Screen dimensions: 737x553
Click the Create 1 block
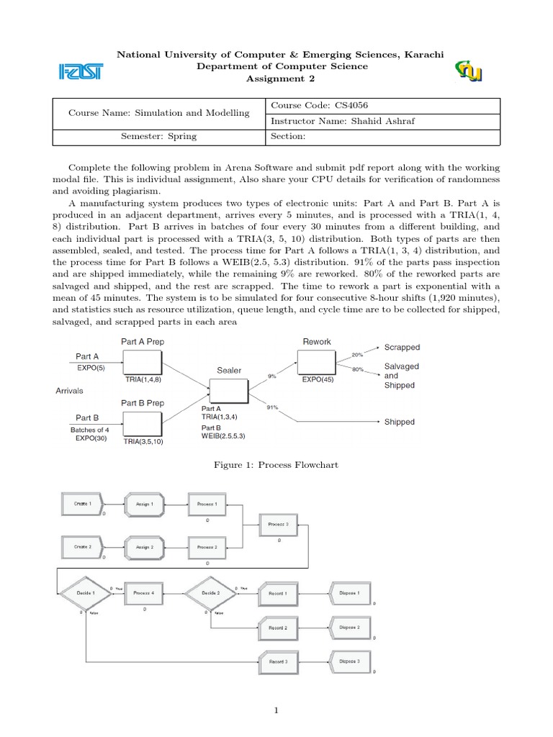pyautogui.click(x=81, y=504)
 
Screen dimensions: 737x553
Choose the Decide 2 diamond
pyautogui.click(x=210, y=593)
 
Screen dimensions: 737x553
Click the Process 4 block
pyautogui.click(x=144, y=593)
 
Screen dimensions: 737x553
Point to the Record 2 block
pyautogui.click(x=277, y=628)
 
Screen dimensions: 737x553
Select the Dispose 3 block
pyautogui.click(x=349, y=661)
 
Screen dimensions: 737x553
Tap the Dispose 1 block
pyautogui.click(x=349, y=593)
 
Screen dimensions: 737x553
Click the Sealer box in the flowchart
pyautogui.click(x=228, y=391)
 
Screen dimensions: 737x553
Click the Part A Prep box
pyautogui.click(x=142, y=362)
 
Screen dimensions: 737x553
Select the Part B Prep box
pyautogui.click(x=142, y=423)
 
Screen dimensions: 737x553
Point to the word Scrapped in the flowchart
pyautogui.click(x=402, y=347)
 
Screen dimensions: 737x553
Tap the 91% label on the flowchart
pyautogui.click(x=271, y=407)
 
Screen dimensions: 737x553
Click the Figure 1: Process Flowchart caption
pyautogui.click(x=276, y=465)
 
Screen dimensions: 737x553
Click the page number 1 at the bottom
pyautogui.click(x=276, y=710)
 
